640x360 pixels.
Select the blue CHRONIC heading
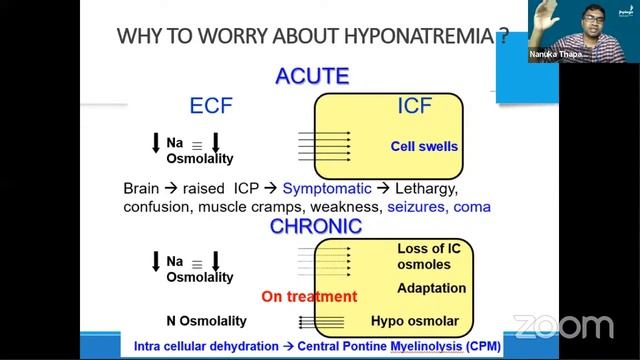316,226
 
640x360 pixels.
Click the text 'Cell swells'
424,147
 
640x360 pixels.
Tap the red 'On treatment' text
309,296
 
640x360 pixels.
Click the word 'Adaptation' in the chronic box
431,288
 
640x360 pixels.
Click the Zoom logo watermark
563,326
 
